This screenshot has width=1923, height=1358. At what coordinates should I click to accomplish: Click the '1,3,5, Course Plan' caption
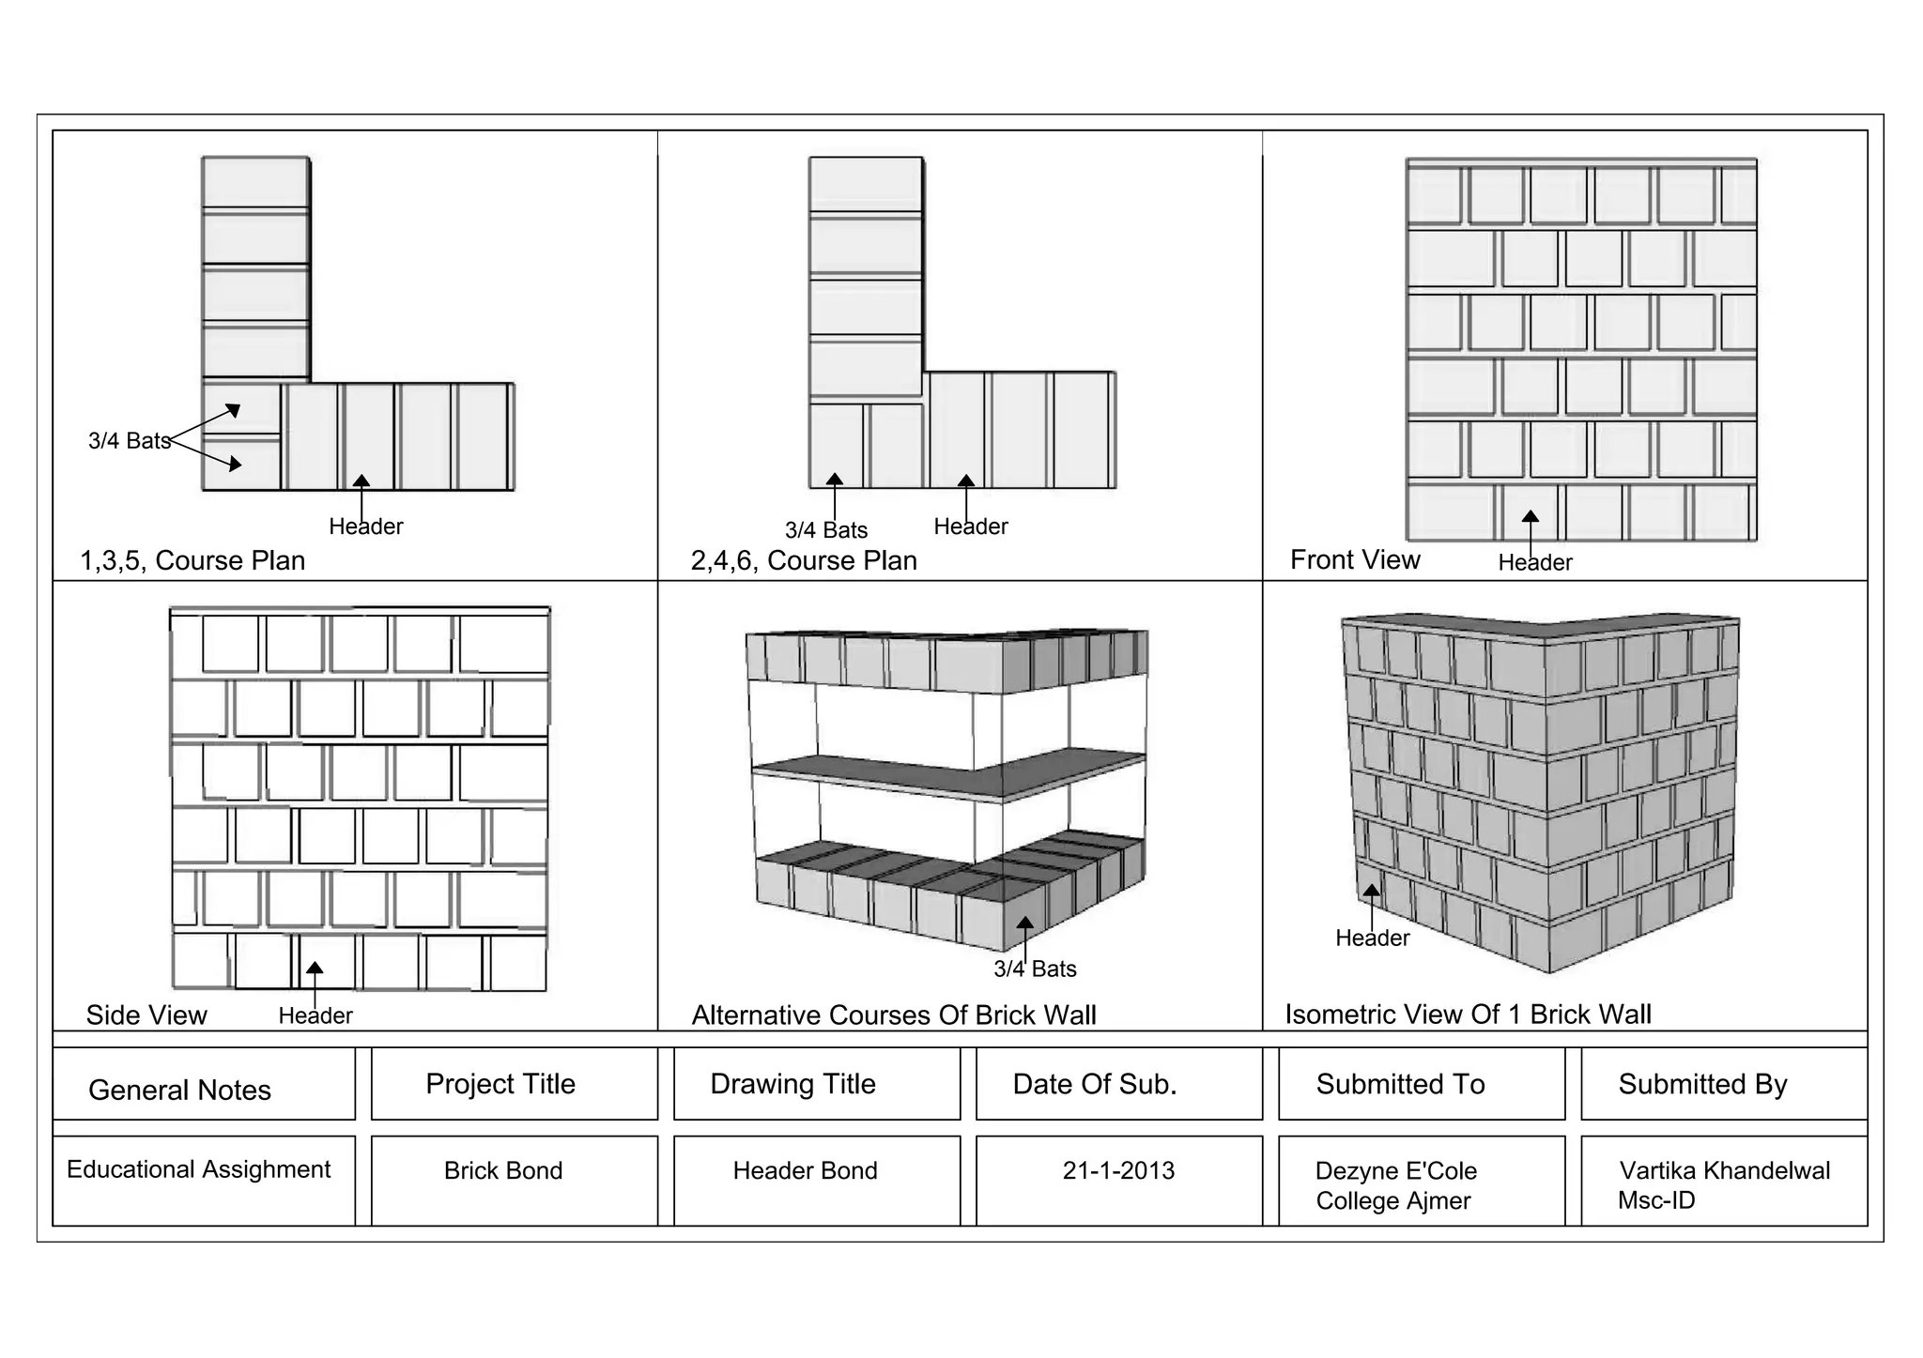click(x=192, y=560)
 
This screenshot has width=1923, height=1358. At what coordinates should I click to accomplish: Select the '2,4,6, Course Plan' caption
click(x=804, y=560)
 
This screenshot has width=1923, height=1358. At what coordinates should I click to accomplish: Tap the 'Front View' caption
click(x=1355, y=559)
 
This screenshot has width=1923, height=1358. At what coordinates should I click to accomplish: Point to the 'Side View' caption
click(x=146, y=1015)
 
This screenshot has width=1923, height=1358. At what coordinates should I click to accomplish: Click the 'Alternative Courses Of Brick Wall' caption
click(x=894, y=1015)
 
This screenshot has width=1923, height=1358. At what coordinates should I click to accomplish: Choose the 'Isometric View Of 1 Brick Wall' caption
click(x=1468, y=1014)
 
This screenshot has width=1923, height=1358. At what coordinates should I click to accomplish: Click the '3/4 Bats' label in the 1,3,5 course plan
click(x=129, y=440)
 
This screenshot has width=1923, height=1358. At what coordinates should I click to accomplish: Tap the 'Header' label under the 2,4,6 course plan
click(x=971, y=526)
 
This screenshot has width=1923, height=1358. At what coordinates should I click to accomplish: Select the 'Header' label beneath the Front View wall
click(x=1535, y=562)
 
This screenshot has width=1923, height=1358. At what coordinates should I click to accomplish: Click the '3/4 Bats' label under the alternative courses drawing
click(x=1035, y=969)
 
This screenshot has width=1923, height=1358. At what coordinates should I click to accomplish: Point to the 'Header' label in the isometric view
click(x=1373, y=938)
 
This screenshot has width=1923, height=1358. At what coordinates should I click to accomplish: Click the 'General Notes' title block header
click(x=179, y=1090)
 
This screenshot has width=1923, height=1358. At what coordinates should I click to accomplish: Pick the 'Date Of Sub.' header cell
click(x=1095, y=1084)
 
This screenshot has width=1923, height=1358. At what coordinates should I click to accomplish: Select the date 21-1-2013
click(x=1118, y=1170)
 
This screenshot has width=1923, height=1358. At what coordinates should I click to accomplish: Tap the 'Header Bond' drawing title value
click(x=805, y=1170)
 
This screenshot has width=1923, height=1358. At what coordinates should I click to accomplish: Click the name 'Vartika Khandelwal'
click(x=1725, y=1170)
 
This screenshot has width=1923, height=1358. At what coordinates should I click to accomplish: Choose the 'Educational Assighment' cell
click(x=198, y=1169)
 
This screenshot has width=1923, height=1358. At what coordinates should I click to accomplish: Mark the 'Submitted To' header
click(x=1400, y=1084)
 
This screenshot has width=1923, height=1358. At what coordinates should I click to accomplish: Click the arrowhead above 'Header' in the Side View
click(x=315, y=968)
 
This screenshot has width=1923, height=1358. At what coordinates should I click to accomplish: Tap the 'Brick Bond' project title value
click(x=503, y=1170)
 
